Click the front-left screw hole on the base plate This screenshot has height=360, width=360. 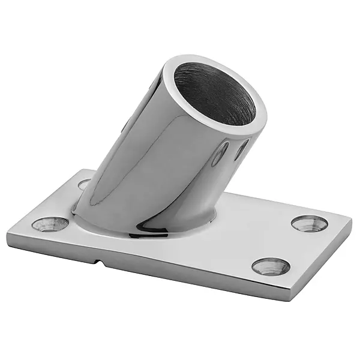tap(50, 224)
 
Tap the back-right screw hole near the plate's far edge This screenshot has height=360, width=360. tap(310, 223)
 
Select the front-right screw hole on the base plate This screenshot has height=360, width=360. tap(271, 266)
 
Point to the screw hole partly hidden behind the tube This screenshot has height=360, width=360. tap(85, 184)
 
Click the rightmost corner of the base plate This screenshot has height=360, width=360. tap(352, 220)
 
